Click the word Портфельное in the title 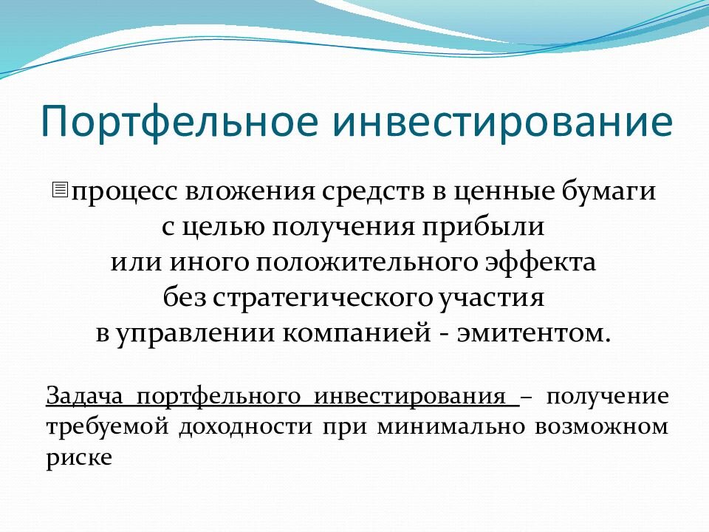click(179, 122)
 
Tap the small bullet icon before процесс click(60, 190)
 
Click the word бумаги click(609, 191)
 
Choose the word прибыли click(483, 227)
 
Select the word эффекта click(541, 263)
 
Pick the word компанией click(357, 334)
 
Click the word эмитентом click(531, 334)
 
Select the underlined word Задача click(84, 396)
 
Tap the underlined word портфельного click(219, 397)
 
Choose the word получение click(607, 397)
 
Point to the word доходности click(245, 428)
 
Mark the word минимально click(451, 428)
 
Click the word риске click(79, 459)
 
